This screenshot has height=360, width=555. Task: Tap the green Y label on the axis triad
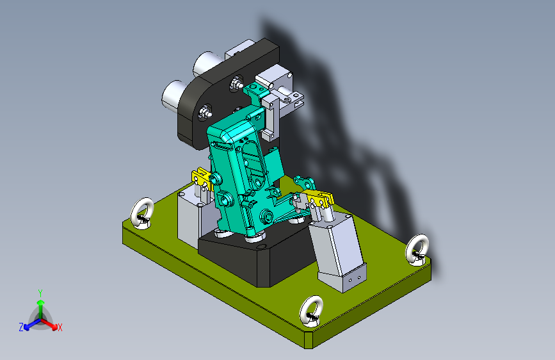pos(40,293)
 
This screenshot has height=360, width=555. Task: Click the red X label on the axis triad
pos(60,328)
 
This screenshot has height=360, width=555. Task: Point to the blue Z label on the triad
pos(21,327)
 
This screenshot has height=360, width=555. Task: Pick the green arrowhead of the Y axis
pos(41,302)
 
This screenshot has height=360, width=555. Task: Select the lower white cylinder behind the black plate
pos(174,95)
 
